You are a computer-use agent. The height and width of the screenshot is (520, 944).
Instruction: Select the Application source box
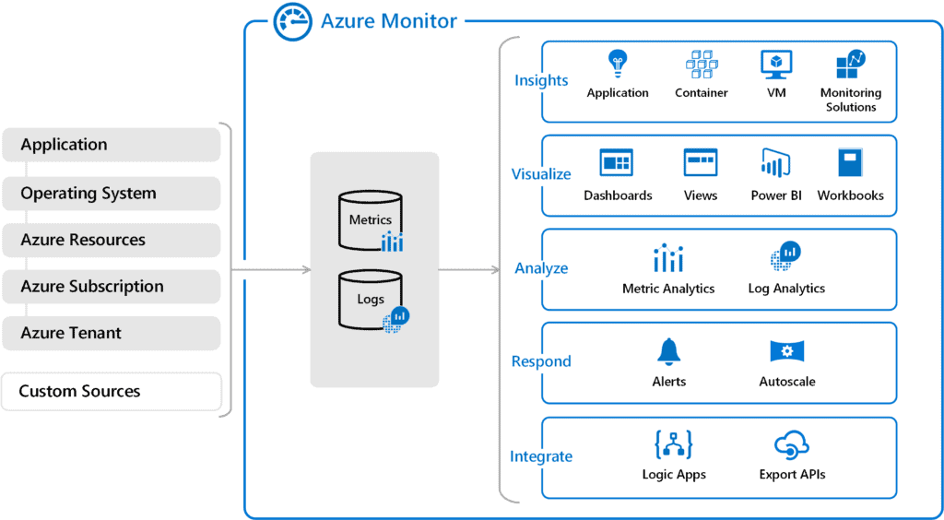[x=111, y=145]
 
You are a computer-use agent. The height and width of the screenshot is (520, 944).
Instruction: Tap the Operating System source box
[x=111, y=194]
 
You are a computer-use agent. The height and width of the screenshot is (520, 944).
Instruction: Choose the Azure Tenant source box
[x=111, y=333]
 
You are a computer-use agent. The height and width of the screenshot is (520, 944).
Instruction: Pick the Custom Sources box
[x=111, y=391]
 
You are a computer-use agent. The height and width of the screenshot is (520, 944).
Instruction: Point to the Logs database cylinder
[x=370, y=300]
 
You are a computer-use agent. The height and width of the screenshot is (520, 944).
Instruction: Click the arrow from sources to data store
[x=277, y=270]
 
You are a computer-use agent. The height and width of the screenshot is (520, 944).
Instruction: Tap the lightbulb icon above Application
[x=618, y=65]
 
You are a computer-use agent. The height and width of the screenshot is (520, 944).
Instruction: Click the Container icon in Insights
[x=702, y=65]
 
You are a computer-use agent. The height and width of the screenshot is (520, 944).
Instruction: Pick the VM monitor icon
[x=776, y=65]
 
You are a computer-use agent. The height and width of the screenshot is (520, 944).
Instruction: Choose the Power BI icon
[x=774, y=164]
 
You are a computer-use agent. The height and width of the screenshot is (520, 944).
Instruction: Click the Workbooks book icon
[x=850, y=163]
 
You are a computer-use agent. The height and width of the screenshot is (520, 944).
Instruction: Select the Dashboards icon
[x=617, y=163]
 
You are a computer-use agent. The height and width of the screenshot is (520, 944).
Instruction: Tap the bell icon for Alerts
[x=668, y=351]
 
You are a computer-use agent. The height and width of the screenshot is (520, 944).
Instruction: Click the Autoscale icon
[x=787, y=351]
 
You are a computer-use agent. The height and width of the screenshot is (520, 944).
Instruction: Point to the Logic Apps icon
[x=674, y=445]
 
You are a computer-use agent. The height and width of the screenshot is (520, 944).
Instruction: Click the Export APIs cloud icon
[x=792, y=445]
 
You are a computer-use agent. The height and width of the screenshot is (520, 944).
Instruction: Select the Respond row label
[x=541, y=361]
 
